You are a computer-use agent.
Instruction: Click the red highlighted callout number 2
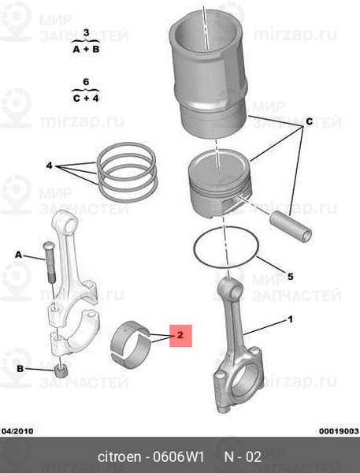pyautogui.click(x=180, y=335)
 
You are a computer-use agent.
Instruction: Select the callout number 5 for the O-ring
pyautogui.click(x=290, y=277)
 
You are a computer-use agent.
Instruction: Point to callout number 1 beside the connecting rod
pyautogui.click(x=290, y=319)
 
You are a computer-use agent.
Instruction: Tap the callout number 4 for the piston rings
pyautogui.click(x=50, y=166)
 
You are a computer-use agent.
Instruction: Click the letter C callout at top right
pyautogui.click(x=310, y=121)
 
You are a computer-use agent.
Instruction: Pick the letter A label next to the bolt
pyautogui.click(x=18, y=255)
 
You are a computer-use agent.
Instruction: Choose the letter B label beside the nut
pyautogui.click(x=20, y=369)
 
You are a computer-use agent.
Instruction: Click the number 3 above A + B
pyautogui.click(x=86, y=32)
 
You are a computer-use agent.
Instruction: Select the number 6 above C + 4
pyautogui.click(x=86, y=82)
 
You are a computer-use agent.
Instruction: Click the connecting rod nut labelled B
pyautogui.click(x=61, y=371)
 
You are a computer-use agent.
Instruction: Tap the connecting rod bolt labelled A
pyautogui.click(x=50, y=262)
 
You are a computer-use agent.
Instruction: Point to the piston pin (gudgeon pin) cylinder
pyautogui.click(x=291, y=226)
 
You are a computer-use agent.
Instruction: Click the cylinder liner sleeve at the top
pyautogui.click(x=209, y=75)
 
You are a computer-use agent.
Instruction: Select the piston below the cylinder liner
pyautogui.click(x=219, y=183)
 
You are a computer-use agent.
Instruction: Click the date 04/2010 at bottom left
pyautogui.click(x=17, y=430)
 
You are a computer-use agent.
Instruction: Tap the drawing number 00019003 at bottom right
pyautogui.click(x=340, y=430)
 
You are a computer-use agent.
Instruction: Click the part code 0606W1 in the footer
pyautogui.click(x=179, y=456)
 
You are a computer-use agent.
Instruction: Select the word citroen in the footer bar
pyautogui.click(x=119, y=456)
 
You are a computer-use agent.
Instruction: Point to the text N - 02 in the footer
pyautogui.click(x=243, y=456)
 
